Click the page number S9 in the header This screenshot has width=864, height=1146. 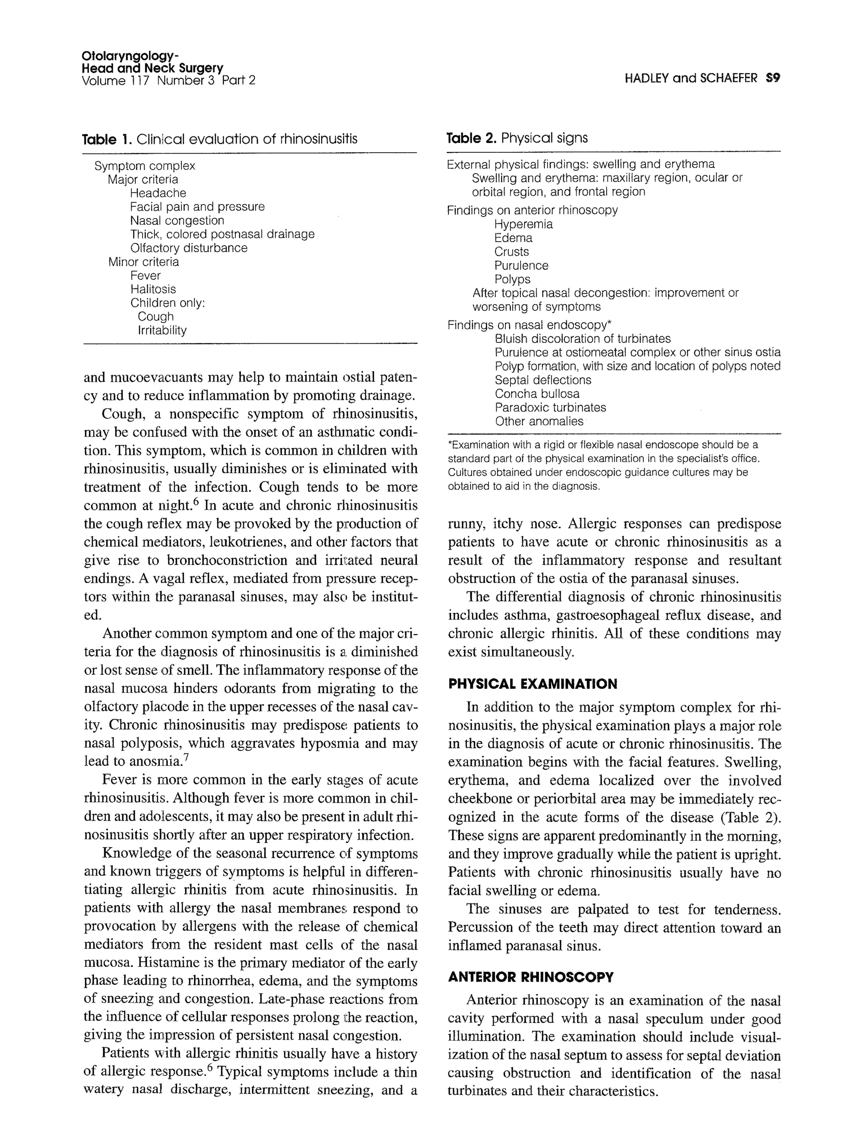click(x=772, y=78)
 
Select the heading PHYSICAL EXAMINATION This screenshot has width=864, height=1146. click(x=532, y=684)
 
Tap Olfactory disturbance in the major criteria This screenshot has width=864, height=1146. click(x=189, y=248)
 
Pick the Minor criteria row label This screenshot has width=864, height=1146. click(x=143, y=262)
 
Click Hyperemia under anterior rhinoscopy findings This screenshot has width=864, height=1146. click(x=523, y=224)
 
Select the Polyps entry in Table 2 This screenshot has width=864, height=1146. click(x=512, y=279)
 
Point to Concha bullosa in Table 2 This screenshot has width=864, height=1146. click(x=537, y=394)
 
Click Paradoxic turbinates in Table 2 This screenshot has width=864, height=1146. click(x=550, y=408)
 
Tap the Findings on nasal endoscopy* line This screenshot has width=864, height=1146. click(x=529, y=325)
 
